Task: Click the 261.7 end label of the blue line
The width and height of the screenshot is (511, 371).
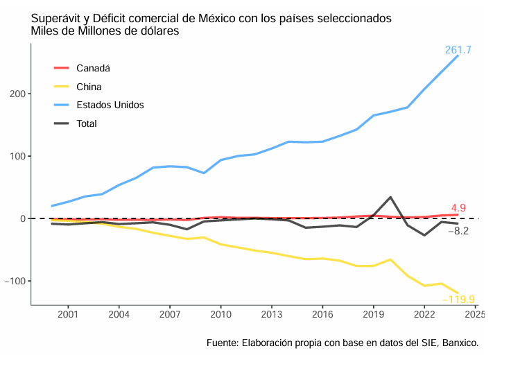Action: pos(458,51)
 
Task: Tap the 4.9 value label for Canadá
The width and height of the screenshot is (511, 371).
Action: pos(458,208)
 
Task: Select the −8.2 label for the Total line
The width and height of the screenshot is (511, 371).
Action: pos(458,231)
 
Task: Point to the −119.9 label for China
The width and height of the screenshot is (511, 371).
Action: pos(458,300)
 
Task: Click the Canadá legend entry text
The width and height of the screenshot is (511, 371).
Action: pos(93,68)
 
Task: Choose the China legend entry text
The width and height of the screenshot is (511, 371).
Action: pos(89,87)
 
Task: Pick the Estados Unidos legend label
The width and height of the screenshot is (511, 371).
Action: pos(110,105)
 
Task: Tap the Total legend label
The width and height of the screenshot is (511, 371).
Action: pos(87,123)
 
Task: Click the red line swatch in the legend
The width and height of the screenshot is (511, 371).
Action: pos(61,68)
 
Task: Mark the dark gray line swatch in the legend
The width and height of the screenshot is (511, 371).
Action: pos(61,123)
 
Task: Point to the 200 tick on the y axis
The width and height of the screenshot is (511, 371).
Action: pos(17,94)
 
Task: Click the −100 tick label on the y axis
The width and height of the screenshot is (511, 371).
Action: pos(15,281)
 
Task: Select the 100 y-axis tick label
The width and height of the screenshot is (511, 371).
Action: pos(17,156)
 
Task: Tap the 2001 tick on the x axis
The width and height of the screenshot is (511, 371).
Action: pos(68,315)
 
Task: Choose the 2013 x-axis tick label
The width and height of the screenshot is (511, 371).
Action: pos(271,315)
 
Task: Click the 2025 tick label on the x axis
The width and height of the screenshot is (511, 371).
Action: pos(475,315)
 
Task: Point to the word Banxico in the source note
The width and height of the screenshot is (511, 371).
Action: pos(460,343)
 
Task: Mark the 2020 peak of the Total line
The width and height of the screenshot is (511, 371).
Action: pos(390,198)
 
